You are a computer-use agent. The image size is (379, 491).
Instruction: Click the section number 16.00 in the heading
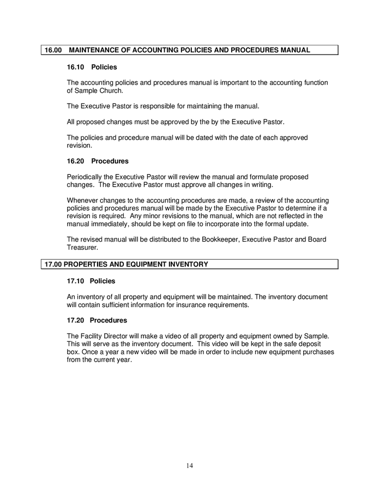coord(53,50)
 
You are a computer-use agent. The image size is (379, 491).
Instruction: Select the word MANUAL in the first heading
coord(293,50)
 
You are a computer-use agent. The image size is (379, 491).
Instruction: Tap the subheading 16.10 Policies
coord(92,67)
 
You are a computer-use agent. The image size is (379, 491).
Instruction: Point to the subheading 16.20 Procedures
coord(98,161)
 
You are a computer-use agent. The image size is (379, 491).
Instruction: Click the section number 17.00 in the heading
coord(53,265)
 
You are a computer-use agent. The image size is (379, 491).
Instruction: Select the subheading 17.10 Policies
coord(92,281)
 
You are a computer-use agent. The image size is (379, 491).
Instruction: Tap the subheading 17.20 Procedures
coord(97,320)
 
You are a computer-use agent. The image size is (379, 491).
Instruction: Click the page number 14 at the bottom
coord(189,465)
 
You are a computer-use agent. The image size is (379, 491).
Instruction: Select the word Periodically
coord(86,177)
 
